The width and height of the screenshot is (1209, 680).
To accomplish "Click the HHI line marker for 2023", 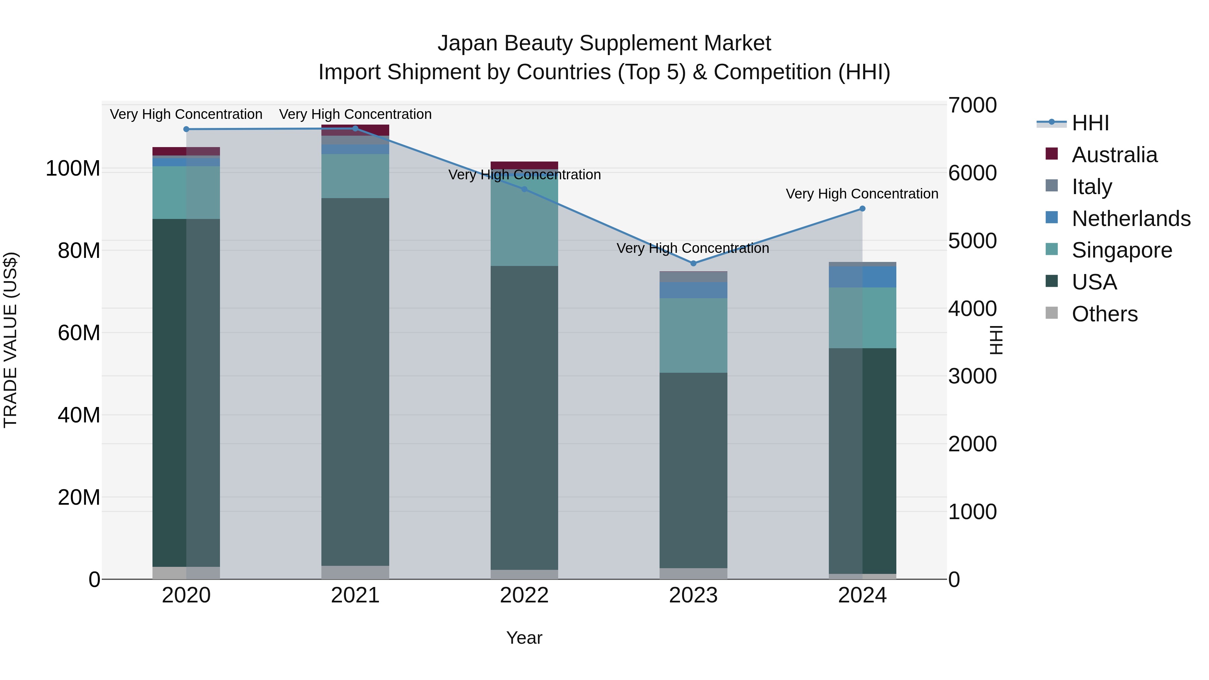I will (x=693, y=263).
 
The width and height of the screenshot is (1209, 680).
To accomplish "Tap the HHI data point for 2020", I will (x=186, y=129).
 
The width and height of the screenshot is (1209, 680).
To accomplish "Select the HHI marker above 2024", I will (x=862, y=209).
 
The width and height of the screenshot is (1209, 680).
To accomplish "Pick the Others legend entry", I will (x=1104, y=314).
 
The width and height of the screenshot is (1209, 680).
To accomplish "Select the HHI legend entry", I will (x=1090, y=123).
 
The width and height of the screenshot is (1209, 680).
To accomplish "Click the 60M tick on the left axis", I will (x=79, y=333).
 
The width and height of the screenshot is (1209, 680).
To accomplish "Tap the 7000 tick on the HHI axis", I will (x=972, y=105).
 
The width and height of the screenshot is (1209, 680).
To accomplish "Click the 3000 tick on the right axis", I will (x=972, y=376).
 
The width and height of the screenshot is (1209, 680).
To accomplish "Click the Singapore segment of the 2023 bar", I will (x=693, y=335).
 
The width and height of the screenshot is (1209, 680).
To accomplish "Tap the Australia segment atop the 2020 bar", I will (x=186, y=151).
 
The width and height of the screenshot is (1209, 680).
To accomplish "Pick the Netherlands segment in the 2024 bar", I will (x=862, y=277).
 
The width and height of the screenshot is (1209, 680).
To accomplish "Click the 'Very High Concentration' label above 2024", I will (x=862, y=194).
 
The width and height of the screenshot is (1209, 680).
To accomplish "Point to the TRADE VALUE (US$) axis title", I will (x=10, y=340).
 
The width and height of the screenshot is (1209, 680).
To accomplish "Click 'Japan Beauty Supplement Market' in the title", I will (x=604, y=43).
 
